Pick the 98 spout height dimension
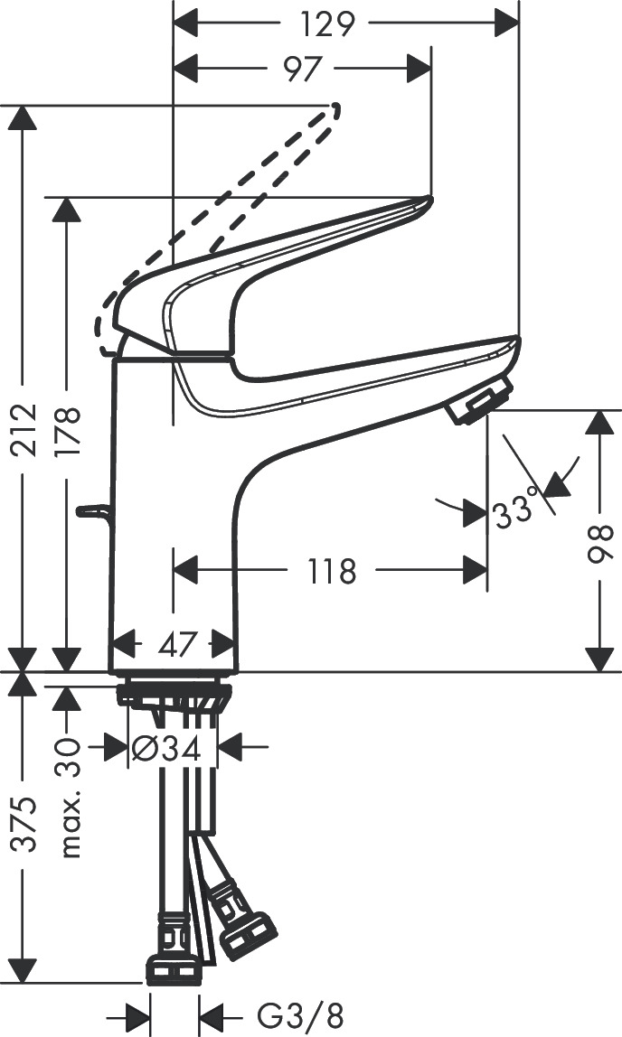coord(600,540)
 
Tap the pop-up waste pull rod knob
coord(91,512)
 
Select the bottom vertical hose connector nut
coord(174,968)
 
